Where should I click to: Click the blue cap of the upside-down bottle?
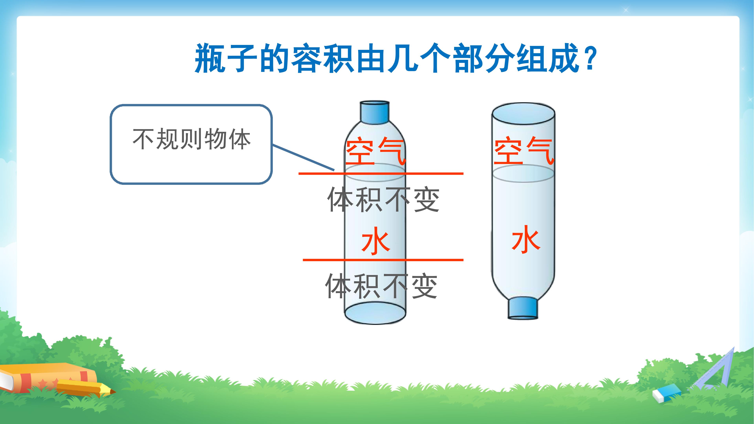coord(523,308)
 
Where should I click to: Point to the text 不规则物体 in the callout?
coord(192,139)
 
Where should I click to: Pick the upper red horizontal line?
coord(381,174)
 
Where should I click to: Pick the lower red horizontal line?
coord(383,260)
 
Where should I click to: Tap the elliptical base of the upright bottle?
coord(375,313)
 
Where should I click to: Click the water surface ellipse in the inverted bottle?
coord(523,174)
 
